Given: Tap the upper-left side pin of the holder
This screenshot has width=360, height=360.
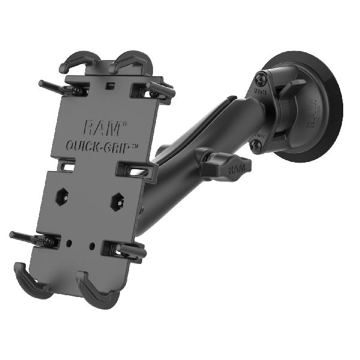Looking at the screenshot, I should pyautogui.click(x=57, y=87).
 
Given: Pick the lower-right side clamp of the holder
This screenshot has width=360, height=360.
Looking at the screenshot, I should pyautogui.click(x=128, y=250).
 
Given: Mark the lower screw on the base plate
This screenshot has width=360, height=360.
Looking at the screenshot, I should pyautogui.click(x=256, y=145).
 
